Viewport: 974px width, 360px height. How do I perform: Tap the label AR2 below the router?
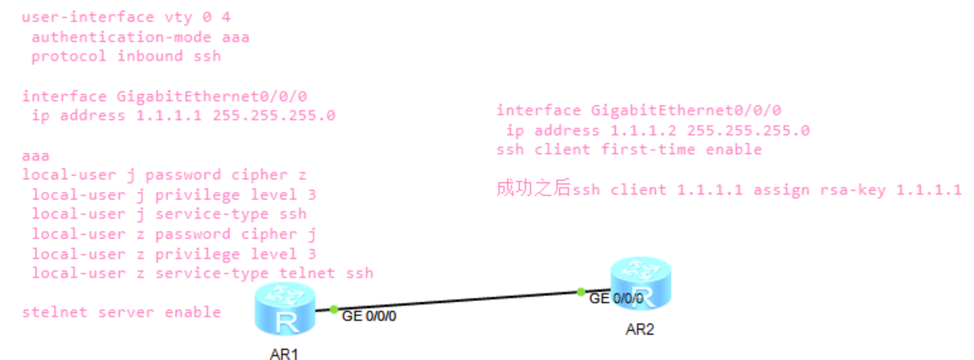click(640, 329)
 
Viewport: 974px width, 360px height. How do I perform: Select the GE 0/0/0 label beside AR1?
click(369, 316)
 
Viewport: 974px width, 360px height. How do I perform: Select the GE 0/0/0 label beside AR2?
click(617, 298)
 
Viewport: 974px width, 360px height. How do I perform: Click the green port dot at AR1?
click(334, 310)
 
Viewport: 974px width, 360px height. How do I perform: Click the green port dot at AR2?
click(581, 292)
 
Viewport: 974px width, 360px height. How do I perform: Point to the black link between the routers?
click(454, 301)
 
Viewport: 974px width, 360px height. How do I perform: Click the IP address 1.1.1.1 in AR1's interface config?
click(168, 115)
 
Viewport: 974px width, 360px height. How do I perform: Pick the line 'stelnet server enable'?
click(121, 312)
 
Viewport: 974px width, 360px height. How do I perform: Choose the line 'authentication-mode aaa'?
click(140, 36)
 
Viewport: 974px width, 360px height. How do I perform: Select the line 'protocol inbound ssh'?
click(126, 56)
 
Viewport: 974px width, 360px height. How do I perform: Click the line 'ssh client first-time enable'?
click(629, 150)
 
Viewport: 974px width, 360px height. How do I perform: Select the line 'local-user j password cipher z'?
click(164, 175)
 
